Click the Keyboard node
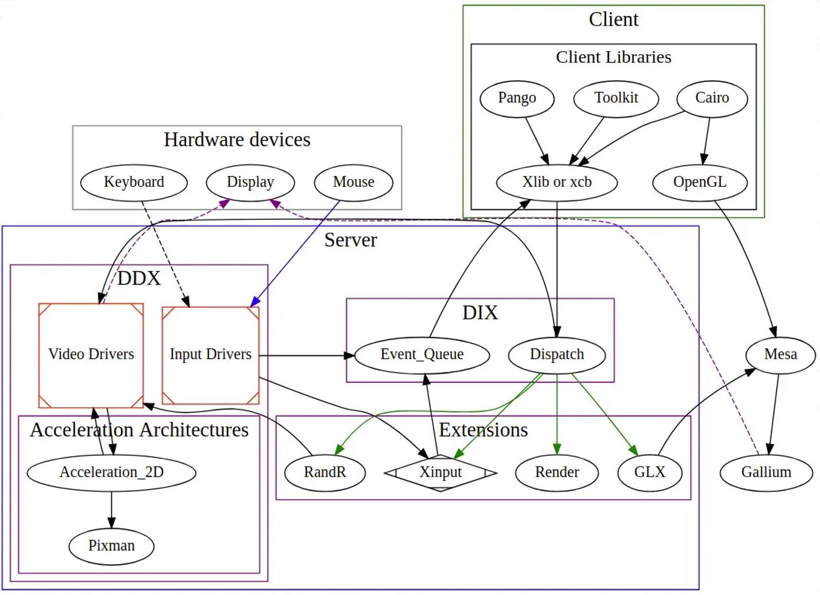click(x=134, y=182)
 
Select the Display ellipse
click(x=251, y=182)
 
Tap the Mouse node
click(x=354, y=182)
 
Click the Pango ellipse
click(x=517, y=98)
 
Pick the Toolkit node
click(x=616, y=98)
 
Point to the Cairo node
click(x=712, y=98)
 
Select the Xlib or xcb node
click(x=557, y=182)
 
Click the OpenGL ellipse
click(x=700, y=182)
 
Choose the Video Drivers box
click(x=91, y=355)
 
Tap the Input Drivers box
click(x=210, y=355)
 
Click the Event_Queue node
click(x=422, y=355)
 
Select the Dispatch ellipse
click(x=557, y=355)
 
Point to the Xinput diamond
click(x=440, y=472)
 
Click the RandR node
click(x=325, y=472)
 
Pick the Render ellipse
click(x=557, y=472)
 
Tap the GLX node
click(x=650, y=472)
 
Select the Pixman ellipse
click(x=111, y=546)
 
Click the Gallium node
click(x=766, y=472)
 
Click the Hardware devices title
click(x=237, y=140)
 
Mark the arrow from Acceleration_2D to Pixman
click(x=111, y=510)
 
